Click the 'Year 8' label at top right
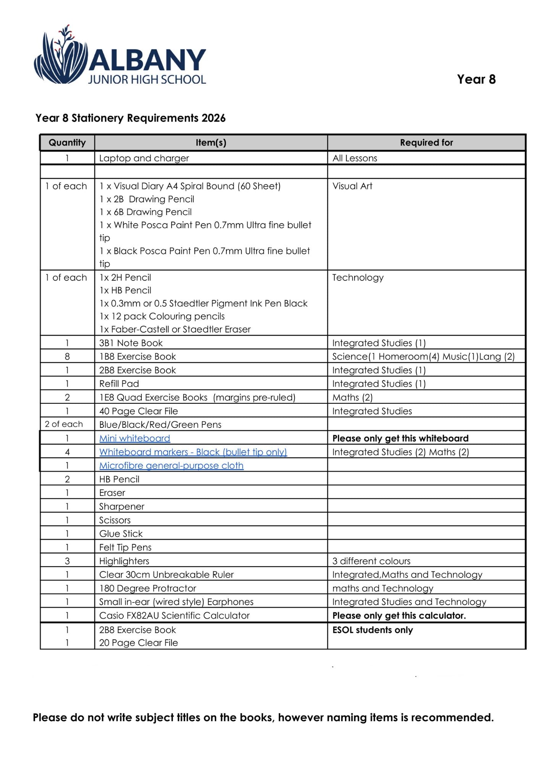point(476,79)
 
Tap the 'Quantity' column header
point(67,143)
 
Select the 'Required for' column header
point(426,143)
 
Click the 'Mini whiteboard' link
point(134,439)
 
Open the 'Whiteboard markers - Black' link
point(193,452)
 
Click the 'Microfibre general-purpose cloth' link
point(171,466)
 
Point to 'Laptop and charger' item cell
point(144,158)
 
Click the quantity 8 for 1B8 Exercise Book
point(67,357)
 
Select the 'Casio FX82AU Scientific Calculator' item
point(174,616)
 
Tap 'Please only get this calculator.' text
point(399,616)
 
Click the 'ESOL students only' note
point(372,630)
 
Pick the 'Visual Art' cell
point(352,186)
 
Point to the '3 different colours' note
point(371,561)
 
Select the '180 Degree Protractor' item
point(147,589)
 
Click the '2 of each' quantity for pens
point(64,424)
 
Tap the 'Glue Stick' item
point(121,534)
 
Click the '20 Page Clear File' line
point(138,643)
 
